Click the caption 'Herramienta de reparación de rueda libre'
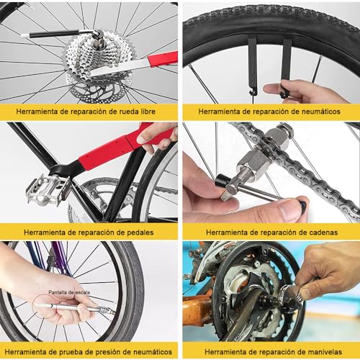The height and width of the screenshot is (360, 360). [89, 112]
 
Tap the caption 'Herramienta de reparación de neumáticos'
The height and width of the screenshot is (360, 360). [270, 112]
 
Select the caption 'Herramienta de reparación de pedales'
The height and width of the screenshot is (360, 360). [89, 232]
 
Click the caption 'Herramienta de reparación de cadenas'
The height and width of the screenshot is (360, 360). [270, 232]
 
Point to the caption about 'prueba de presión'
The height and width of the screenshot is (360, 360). [89, 351]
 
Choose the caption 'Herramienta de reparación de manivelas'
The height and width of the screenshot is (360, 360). [270, 351]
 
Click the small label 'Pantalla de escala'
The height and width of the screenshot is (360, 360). [68, 292]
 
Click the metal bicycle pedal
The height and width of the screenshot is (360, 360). [48, 189]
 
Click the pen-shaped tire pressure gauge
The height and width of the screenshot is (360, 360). [72, 307]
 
